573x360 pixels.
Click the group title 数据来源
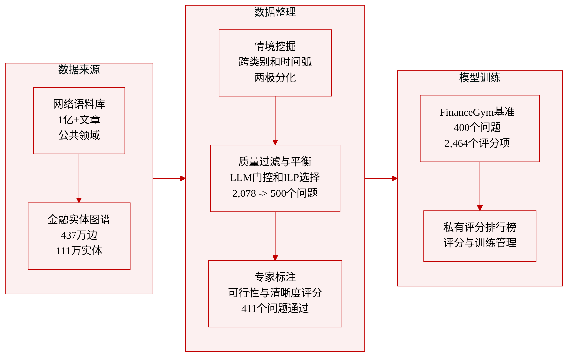79,70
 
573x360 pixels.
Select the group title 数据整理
275,12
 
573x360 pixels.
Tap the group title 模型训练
480,78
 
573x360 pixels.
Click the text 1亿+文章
79,120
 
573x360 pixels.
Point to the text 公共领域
79,135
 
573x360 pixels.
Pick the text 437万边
79,235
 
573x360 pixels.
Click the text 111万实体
79,251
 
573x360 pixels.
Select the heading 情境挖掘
275,46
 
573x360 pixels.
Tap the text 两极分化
275,78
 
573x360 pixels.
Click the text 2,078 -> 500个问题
275,193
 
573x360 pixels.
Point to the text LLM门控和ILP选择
275,178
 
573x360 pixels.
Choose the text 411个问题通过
275,309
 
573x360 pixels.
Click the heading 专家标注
275,277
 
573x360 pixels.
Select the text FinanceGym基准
477,112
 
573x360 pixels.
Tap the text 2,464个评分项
477,143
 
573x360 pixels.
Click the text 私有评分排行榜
480,227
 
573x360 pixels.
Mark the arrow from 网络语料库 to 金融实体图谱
79,178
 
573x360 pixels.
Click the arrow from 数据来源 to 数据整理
169,178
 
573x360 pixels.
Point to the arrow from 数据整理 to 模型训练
381,178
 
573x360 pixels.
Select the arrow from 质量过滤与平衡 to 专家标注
275,236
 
